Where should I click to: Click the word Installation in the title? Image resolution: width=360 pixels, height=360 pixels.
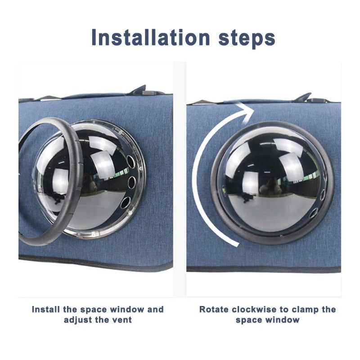tap(151, 37)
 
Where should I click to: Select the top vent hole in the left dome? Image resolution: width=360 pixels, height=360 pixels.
tap(130, 162)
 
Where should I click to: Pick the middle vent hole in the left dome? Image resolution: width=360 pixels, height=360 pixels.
tap(132, 182)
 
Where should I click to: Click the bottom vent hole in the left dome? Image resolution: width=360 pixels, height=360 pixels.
tap(126, 202)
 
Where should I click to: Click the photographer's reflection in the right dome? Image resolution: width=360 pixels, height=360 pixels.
tap(271, 185)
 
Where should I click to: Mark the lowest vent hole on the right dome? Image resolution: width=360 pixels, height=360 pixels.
tap(313, 212)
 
